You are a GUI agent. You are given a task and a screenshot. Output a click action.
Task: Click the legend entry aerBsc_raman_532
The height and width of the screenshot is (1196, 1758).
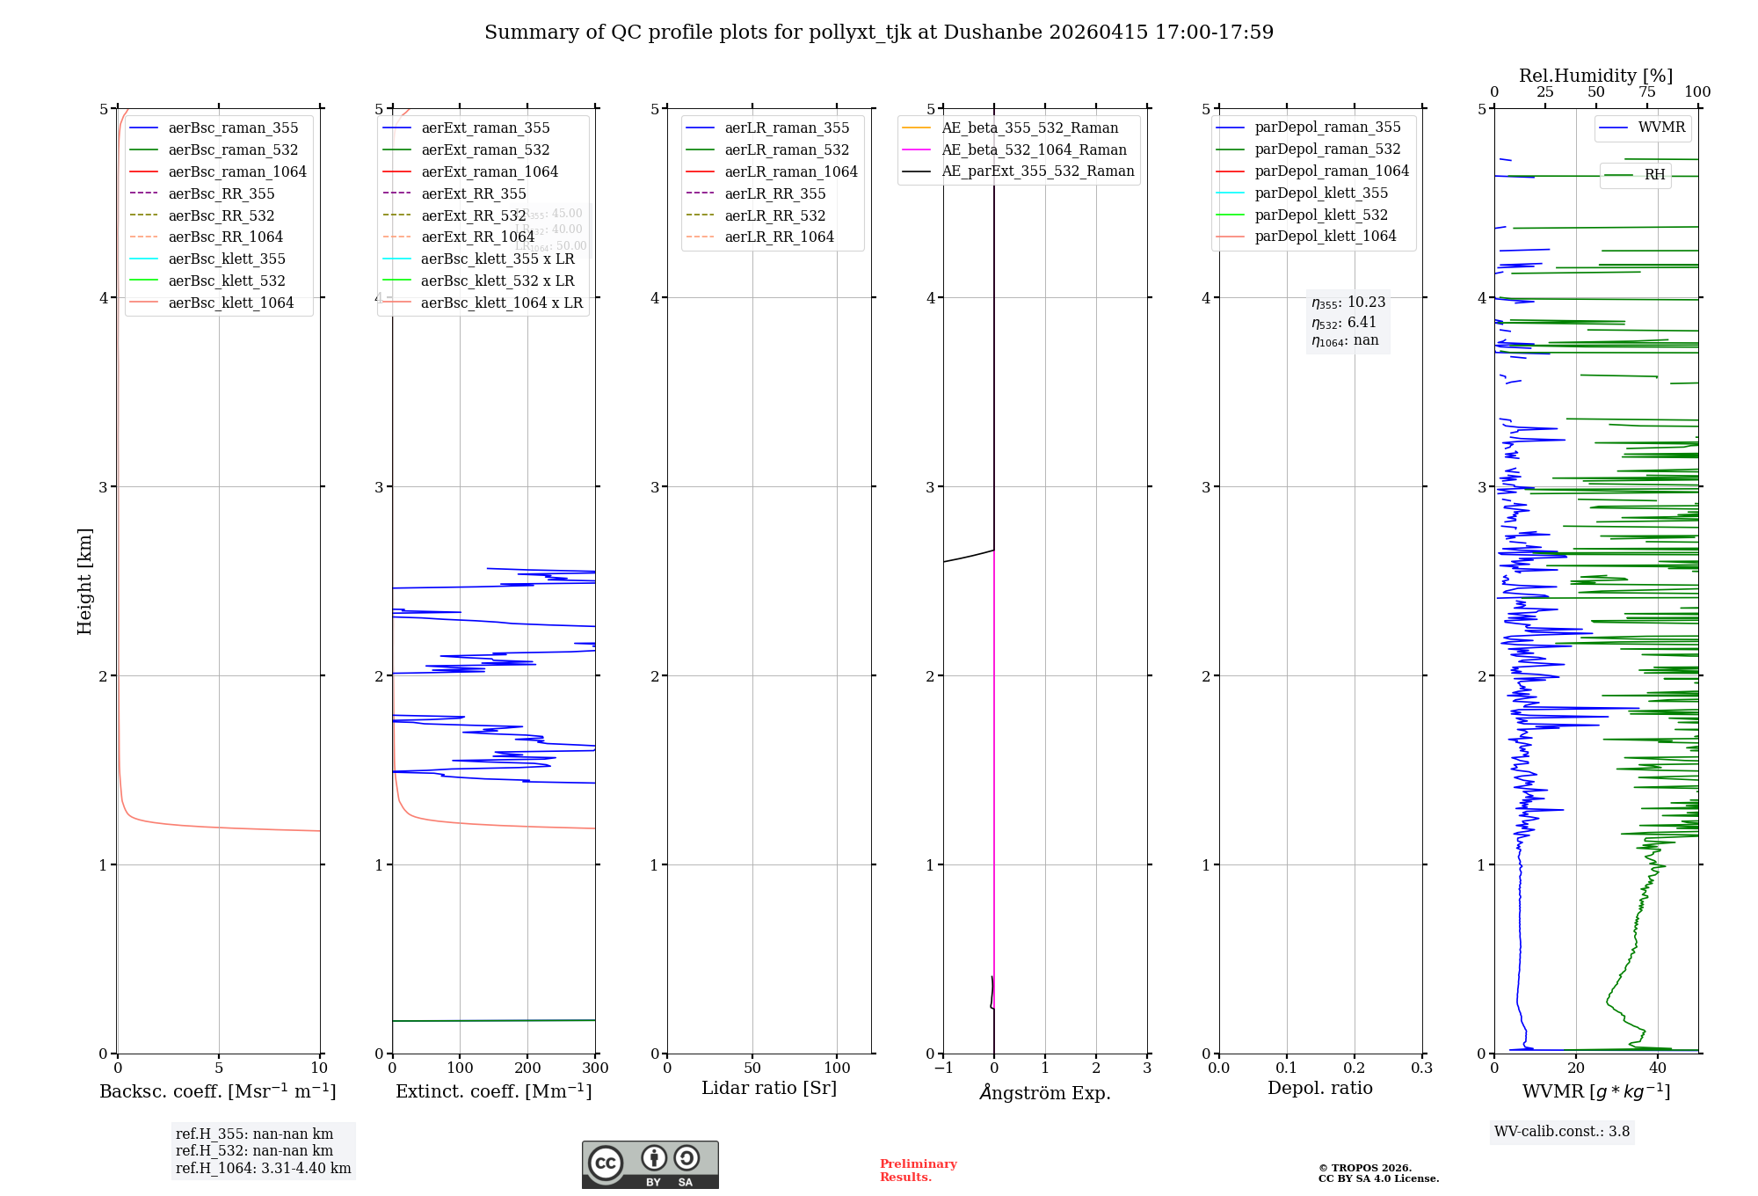(x=233, y=150)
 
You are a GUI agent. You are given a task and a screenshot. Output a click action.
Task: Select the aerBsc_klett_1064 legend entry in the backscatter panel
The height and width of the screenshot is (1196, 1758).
(x=230, y=303)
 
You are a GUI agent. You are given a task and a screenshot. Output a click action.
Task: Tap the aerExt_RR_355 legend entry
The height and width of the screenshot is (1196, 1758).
(x=473, y=194)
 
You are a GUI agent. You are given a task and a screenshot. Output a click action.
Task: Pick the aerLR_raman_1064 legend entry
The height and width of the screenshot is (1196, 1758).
(x=790, y=172)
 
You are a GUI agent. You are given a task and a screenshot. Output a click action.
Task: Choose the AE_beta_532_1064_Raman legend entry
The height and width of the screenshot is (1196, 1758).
(x=1034, y=150)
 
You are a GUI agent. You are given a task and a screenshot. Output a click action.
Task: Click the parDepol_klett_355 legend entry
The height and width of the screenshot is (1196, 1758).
(x=1321, y=193)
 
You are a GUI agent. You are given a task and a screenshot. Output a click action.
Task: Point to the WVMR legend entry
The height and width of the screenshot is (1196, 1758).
(x=1661, y=128)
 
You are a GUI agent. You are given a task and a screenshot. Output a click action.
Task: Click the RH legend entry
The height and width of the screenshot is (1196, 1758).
(x=1654, y=175)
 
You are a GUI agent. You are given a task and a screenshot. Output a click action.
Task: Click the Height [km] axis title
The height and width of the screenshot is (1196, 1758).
(x=84, y=581)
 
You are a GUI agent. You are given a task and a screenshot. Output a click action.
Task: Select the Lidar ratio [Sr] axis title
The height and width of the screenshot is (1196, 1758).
(x=769, y=1089)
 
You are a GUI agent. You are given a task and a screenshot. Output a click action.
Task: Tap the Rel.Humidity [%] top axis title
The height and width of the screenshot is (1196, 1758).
(x=1595, y=76)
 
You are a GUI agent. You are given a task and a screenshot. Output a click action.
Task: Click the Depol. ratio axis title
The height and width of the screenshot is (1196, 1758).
(x=1319, y=1089)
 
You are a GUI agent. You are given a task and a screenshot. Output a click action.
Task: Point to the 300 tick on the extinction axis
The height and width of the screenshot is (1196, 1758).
(x=595, y=1068)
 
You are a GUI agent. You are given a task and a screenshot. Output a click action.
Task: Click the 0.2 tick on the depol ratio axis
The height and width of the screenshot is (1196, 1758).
(x=1355, y=1068)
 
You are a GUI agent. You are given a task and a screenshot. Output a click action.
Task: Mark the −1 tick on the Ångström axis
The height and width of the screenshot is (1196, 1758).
(x=943, y=1068)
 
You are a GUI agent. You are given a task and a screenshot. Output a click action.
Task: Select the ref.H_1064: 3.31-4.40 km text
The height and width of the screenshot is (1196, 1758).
(x=263, y=1169)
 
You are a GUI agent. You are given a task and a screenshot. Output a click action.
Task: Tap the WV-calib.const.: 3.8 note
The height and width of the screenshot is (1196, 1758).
(x=1562, y=1132)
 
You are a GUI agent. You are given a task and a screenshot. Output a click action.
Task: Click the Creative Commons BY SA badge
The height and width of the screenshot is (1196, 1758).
(x=650, y=1165)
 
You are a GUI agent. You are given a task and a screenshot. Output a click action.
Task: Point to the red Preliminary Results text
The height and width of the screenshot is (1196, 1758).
(x=918, y=1170)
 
